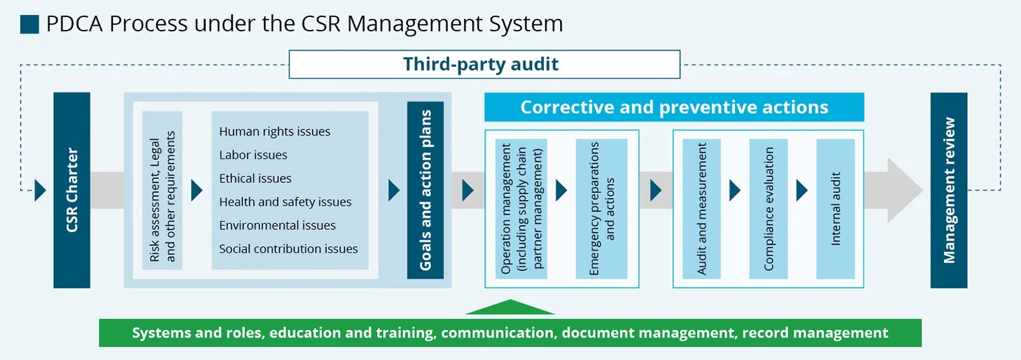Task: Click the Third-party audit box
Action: coord(485,64)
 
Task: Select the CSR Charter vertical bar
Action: coord(71,190)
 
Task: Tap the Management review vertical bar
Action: coord(949,190)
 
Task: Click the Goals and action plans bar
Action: coord(425,190)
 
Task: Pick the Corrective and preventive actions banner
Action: coord(674,107)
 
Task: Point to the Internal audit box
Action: coord(835,209)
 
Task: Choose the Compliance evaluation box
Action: coord(768,209)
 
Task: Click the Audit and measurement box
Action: coord(702,209)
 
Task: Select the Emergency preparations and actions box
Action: coord(602,209)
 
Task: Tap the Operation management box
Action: coord(521,209)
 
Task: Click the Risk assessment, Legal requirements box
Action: coord(162,191)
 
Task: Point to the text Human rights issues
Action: coord(274,132)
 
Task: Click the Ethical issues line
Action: coord(255,178)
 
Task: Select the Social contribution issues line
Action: coord(289,249)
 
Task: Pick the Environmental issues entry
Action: coord(277,225)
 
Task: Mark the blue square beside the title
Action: coord(30,24)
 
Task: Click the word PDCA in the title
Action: coord(74,24)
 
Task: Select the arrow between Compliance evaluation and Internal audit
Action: coord(802,191)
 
